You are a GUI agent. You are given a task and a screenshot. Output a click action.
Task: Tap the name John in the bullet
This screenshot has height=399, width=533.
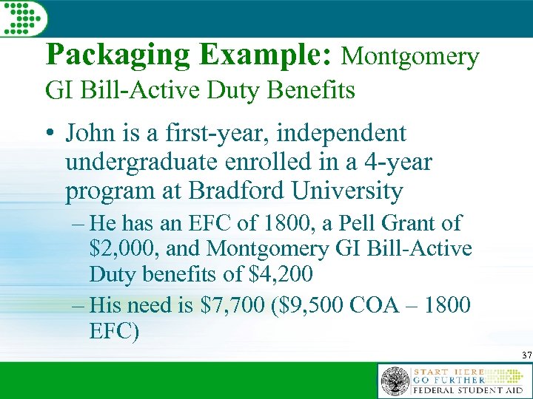point(90,134)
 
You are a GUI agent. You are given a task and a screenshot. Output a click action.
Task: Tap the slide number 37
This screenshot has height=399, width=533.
point(525,355)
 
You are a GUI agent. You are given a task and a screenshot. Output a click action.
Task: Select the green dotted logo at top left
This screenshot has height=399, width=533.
point(23,16)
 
